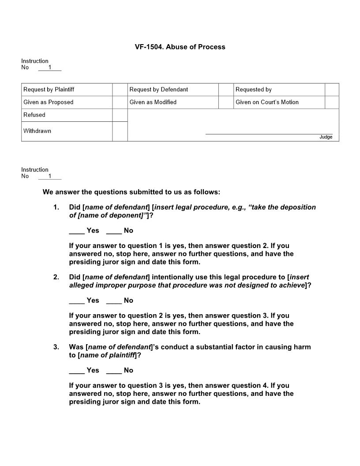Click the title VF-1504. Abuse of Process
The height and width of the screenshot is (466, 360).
[x=180, y=47]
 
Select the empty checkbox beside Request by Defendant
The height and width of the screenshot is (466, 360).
[x=226, y=90]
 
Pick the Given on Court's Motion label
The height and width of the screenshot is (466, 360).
[x=267, y=102]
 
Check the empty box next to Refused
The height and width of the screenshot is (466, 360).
[x=120, y=115]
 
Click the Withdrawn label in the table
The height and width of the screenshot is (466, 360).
[x=37, y=131]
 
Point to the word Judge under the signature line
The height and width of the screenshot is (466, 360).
[x=326, y=137]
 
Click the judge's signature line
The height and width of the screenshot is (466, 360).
[x=269, y=133]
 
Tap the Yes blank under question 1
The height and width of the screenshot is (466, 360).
[x=77, y=231]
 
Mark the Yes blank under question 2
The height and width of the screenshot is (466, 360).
[x=77, y=301]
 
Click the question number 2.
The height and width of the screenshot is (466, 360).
[x=56, y=277]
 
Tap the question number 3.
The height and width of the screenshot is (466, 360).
[x=56, y=347]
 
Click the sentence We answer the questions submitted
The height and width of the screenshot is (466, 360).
[x=131, y=192]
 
